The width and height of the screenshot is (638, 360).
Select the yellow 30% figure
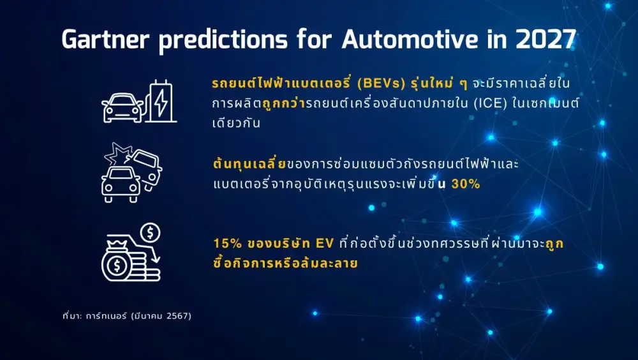click(470, 184)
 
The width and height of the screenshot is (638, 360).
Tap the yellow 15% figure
click(227, 244)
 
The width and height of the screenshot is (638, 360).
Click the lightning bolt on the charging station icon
click(161, 102)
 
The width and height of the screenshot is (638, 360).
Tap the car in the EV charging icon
click(123, 108)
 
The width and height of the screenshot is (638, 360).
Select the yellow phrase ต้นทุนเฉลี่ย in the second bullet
click(249, 164)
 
